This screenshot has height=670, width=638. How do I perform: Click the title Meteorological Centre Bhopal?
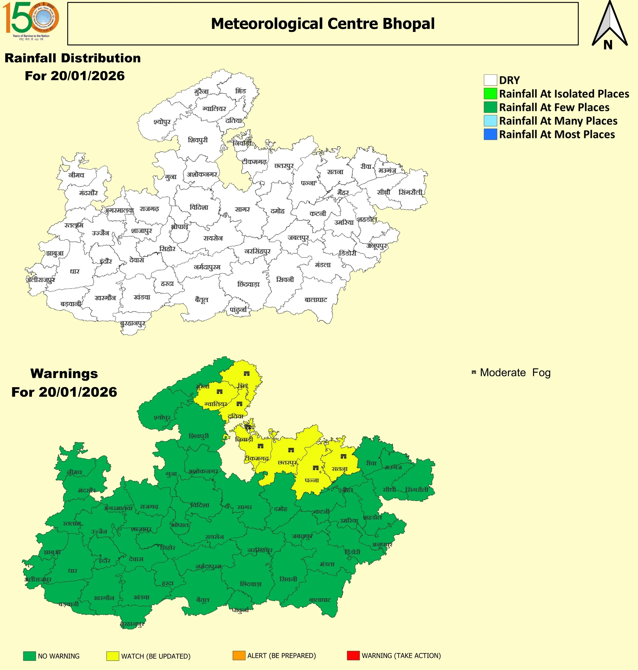pyautogui.click(x=323, y=24)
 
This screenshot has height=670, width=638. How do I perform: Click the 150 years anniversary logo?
pyautogui.click(x=31, y=20)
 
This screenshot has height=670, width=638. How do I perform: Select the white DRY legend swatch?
pyautogui.click(x=490, y=80)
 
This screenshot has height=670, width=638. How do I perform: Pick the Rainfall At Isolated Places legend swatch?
pyautogui.click(x=490, y=94)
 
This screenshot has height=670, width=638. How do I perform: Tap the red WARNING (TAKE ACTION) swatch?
pyautogui.click(x=353, y=655)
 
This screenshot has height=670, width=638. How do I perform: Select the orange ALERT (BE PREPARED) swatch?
pyautogui.click(x=239, y=655)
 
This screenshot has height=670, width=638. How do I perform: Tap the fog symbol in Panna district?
pyautogui.click(x=316, y=468)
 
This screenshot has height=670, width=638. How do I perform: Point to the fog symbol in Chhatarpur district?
pyautogui.click(x=291, y=450)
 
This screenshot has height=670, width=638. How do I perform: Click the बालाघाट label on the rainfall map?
pyautogui.click(x=316, y=300)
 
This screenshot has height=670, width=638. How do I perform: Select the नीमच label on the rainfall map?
pyautogui.click(x=76, y=175)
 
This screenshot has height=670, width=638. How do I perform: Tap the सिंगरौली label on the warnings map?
pyautogui.click(x=417, y=490)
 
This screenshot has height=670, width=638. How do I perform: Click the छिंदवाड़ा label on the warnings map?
pyautogui.click(x=251, y=584)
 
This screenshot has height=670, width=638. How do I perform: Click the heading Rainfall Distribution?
pyautogui.click(x=72, y=58)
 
